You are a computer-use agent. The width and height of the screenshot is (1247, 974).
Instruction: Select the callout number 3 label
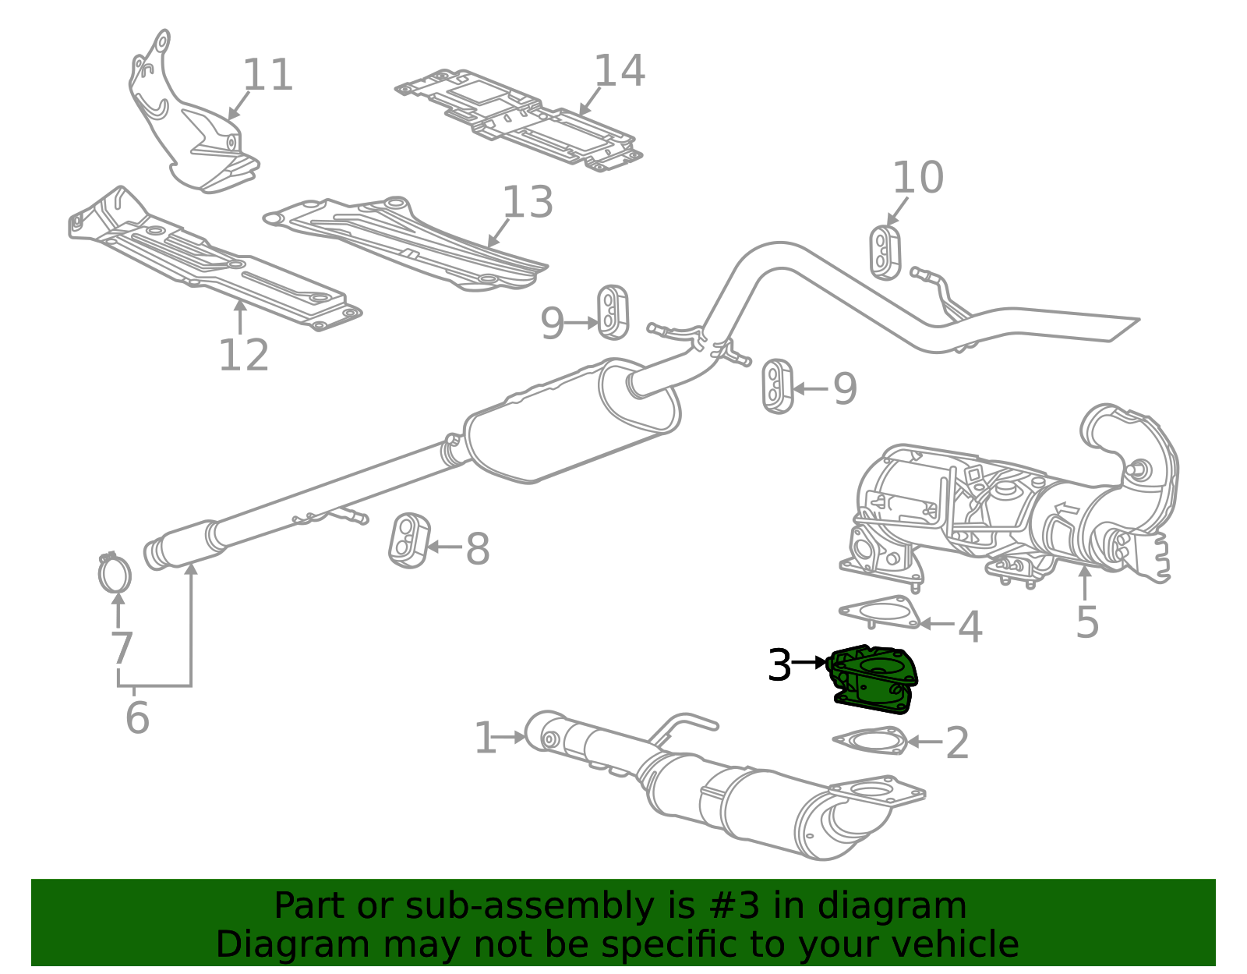coord(779,665)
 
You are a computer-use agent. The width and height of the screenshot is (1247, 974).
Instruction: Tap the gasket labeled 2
coord(870,740)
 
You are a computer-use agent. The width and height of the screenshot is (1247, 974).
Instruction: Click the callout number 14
coord(620,71)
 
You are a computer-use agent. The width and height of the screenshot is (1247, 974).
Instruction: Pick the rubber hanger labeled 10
coord(885,253)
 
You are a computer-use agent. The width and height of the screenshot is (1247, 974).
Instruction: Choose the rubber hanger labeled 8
coord(408,540)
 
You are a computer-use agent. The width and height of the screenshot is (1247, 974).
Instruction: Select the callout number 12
coord(244,356)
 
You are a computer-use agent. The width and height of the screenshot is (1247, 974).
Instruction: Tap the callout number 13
coord(528,202)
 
